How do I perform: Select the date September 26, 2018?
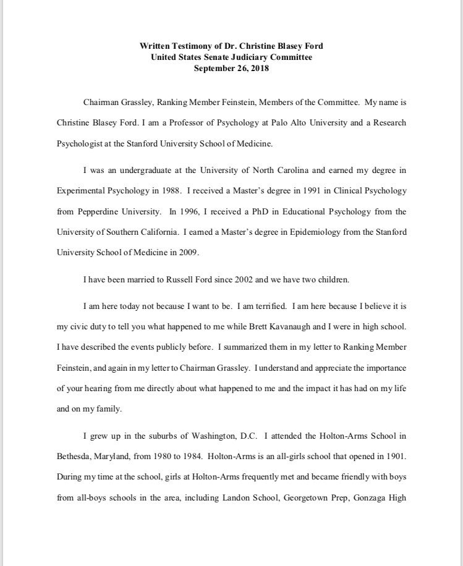231,69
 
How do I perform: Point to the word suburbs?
166,436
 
